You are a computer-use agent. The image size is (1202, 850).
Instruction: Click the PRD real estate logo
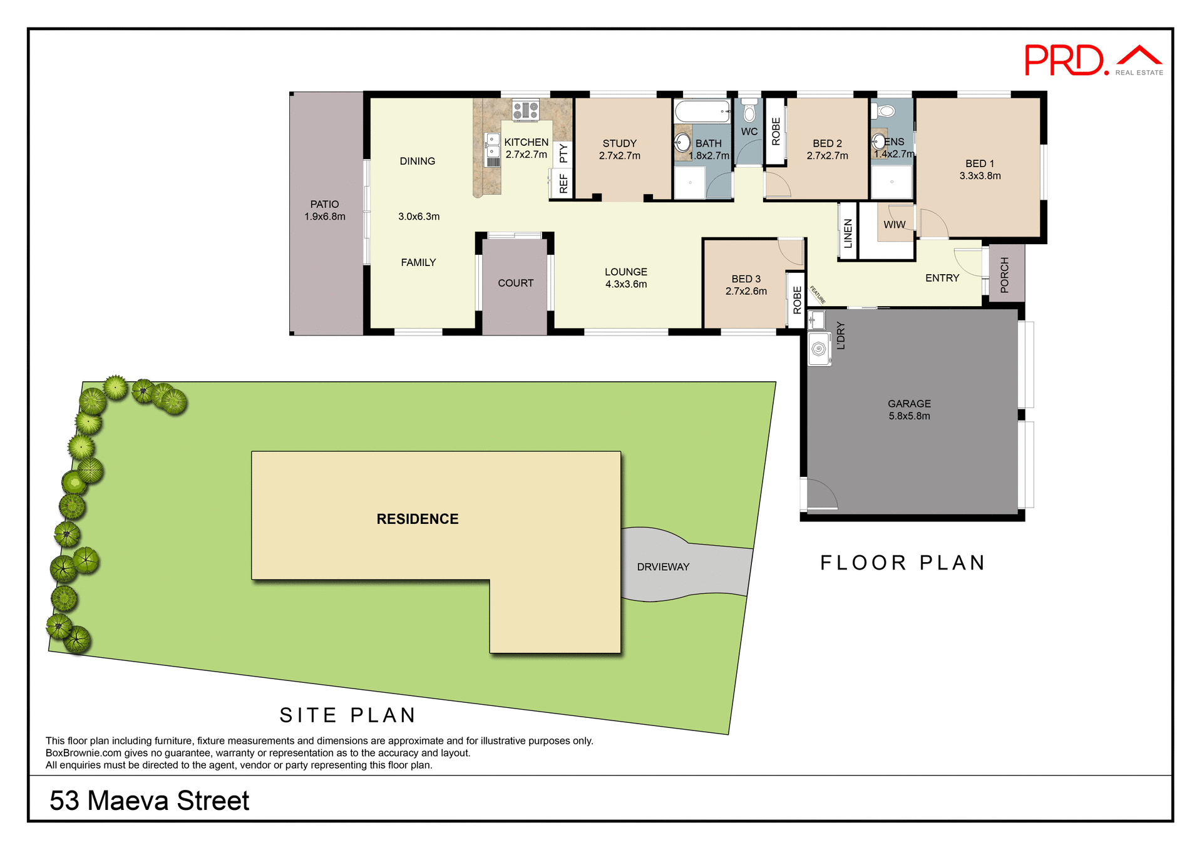coord(1092,61)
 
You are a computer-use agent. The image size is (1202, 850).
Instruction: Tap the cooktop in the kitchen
coord(525,111)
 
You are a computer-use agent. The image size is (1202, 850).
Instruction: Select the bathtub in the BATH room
coord(702,112)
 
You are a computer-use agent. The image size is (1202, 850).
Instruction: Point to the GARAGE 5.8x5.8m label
coord(909,410)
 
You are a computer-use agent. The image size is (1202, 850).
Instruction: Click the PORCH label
coord(1005,275)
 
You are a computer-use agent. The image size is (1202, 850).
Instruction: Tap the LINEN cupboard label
coord(848,233)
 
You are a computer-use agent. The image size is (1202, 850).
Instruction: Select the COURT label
coord(515,283)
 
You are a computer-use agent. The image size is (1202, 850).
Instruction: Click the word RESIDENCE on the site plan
coord(417,519)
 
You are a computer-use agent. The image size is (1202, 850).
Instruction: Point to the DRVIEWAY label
coord(663,567)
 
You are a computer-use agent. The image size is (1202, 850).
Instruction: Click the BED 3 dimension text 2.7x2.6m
coord(746,291)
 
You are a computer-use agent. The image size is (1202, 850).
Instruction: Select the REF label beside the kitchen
coord(563,183)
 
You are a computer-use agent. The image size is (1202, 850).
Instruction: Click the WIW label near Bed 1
coord(894,225)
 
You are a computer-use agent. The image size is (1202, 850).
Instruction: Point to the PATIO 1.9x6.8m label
coord(325,210)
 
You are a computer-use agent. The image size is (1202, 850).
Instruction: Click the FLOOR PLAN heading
coord(903,563)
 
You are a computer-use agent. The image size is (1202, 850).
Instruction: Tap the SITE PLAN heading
coord(348,715)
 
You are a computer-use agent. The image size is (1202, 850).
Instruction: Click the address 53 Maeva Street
coord(150,801)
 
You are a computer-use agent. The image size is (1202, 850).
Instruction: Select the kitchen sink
coord(493,145)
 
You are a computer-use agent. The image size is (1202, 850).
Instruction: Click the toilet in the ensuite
coord(885,111)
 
